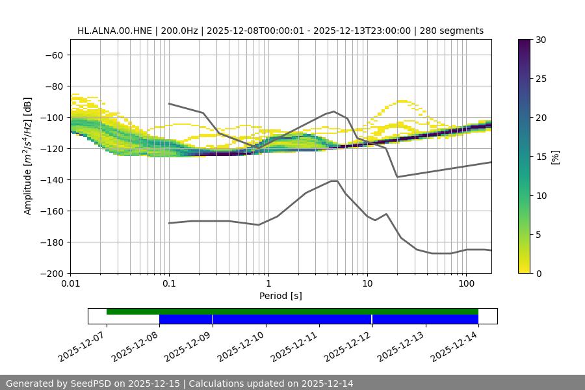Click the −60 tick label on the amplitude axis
pyautogui.click(x=53, y=55)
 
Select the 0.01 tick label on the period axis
pyautogui.click(x=70, y=284)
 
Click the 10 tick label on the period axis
pyautogui.click(x=367, y=284)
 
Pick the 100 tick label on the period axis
pyautogui.click(x=466, y=284)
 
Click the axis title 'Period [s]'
pyautogui.click(x=280, y=296)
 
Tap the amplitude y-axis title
pyautogui.click(x=28, y=156)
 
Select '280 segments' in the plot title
pyautogui.click(x=452, y=31)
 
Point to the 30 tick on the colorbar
pyautogui.click(x=541, y=40)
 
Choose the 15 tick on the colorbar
pyautogui.click(x=541, y=157)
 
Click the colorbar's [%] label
pyautogui.click(x=556, y=157)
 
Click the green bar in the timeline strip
pyautogui.click(x=292, y=311)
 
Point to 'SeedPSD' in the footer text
pyautogui.click(x=92, y=383)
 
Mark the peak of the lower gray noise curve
pyautogui.click(x=335, y=181)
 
